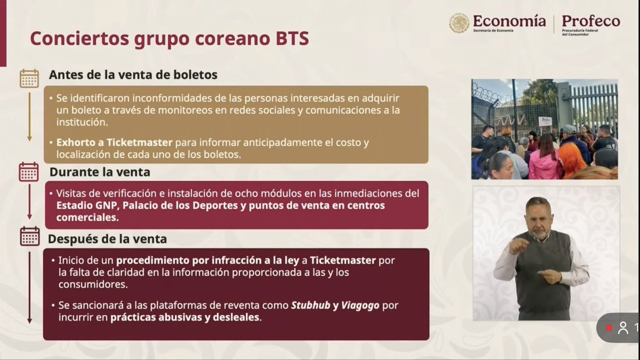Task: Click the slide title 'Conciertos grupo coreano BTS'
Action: pyautogui.click(x=169, y=39)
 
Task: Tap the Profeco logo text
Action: pyautogui.click(x=590, y=21)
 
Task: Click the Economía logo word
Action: pyautogui.click(x=509, y=21)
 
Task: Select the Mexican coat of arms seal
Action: pyautogui.click(x=459, y=23)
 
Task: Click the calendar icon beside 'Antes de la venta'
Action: pyautogui.click(x=29, y=78)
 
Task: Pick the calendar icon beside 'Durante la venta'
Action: pyautogui.click(x=29, y=172)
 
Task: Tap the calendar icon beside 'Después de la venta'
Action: pyautogui.click(x=29, y=236)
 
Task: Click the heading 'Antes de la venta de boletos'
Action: pyautogui.click(x=133, y=75)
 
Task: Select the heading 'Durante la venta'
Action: pyautogui.click(x=100, y=172)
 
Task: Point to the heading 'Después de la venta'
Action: pyautogui.click(x=107, y=239)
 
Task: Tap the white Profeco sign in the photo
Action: pyautogui.click(x=545, y=121)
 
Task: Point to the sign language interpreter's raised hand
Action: pyautogui.click(x=518, y=246)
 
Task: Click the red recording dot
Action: pyautogui.click(x=609, y=329)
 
